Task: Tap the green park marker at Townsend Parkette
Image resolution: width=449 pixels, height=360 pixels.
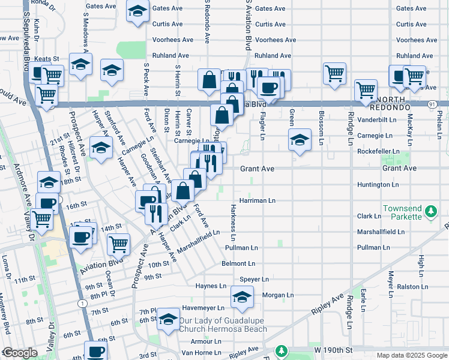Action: (430, 211)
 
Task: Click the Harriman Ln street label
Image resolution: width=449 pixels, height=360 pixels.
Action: (257, 200)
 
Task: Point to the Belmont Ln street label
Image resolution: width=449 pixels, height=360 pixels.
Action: (238, 263)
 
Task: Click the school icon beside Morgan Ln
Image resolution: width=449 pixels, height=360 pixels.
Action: (242, 298)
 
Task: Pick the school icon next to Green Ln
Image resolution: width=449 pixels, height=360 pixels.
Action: (300, 140)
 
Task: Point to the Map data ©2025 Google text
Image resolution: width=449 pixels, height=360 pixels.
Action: (412, 355)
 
